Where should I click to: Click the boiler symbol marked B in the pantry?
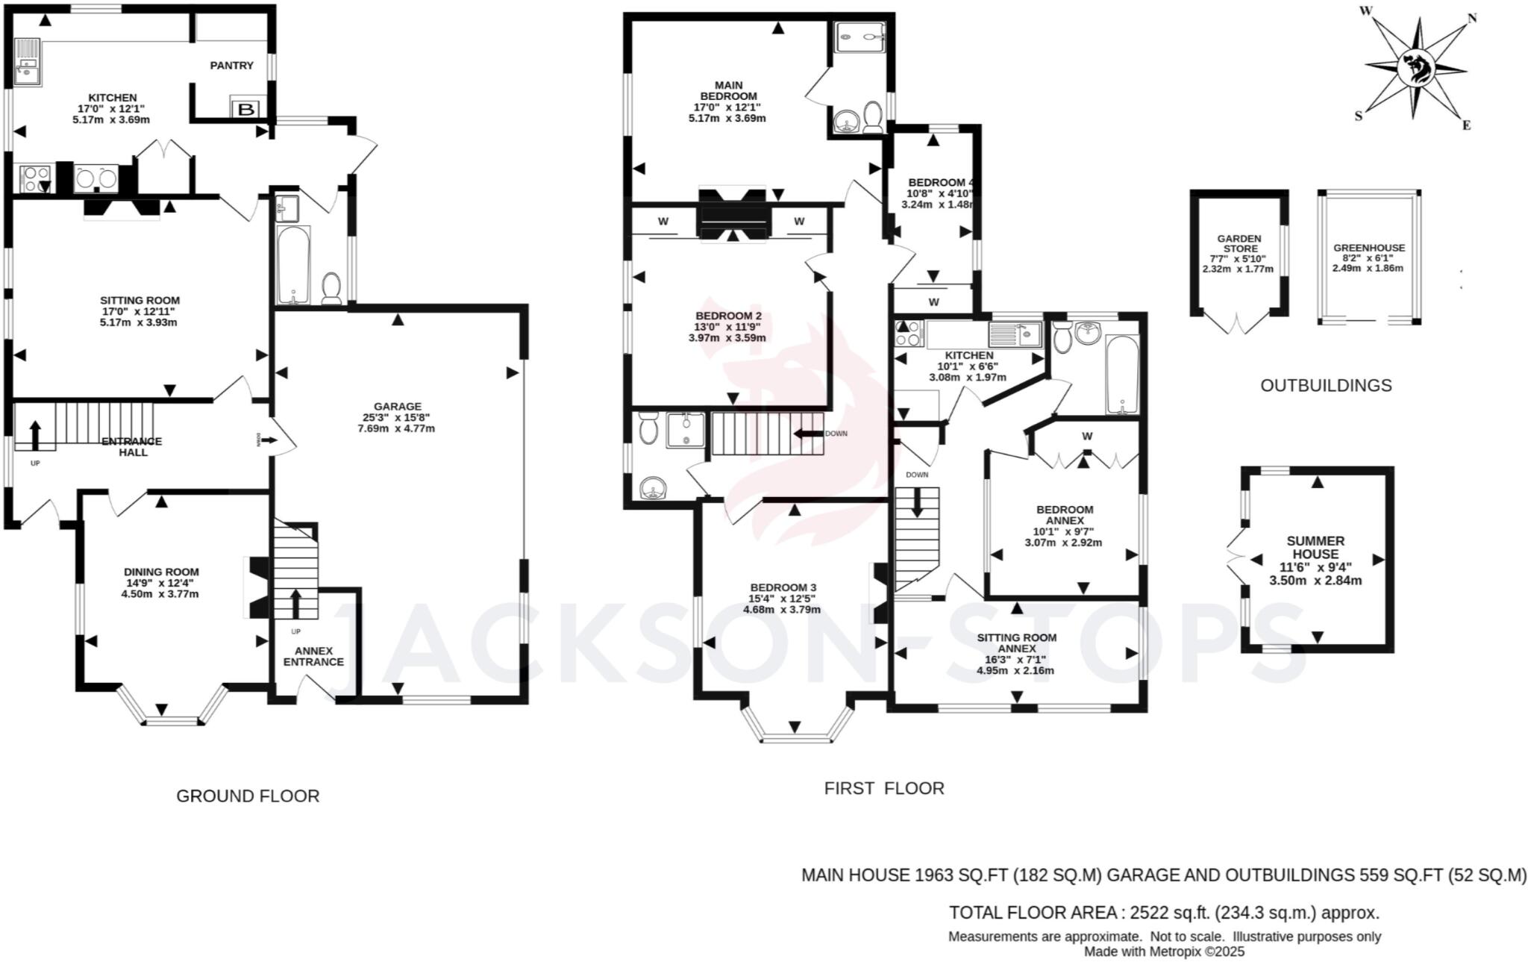(x=245, y=110)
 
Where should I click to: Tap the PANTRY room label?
(x=231, y=66)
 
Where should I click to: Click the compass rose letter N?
(x=1472, y=19)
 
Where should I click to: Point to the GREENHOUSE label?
(x=1368, y=248)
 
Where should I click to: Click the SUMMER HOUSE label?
(x=1315, y=547)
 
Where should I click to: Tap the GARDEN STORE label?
(x=1239, y=243)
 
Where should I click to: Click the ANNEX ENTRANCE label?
(x=313, y=656)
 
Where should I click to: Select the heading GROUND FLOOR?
(x=248, y=796)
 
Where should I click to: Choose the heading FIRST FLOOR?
(x=883, y=788)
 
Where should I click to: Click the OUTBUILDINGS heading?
(x=1326, y=386)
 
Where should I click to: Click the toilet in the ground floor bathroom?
(x=331, y=287)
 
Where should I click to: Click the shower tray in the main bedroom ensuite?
(x=859, y=37)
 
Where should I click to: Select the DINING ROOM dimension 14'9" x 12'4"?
(x=161, y=583)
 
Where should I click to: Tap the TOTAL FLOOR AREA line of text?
(x=1163, y=912)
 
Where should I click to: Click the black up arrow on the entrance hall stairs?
(x=35, y=434)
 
